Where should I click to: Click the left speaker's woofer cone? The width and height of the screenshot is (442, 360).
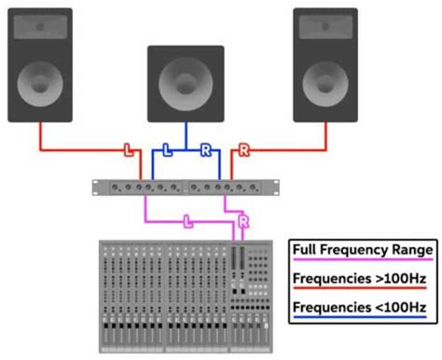[40, 81]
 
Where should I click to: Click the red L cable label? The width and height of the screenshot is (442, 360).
[129, 149]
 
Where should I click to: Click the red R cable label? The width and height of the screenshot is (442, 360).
[244, 149]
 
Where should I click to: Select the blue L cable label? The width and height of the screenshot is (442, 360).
[167, 149]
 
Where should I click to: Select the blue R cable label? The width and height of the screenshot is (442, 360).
[205, 149]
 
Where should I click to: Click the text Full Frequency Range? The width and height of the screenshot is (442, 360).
[362, 250]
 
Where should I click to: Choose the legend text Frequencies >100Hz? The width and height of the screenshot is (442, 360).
[362, 278]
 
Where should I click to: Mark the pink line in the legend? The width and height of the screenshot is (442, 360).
[362, 262]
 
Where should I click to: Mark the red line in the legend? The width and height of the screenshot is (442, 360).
[362, 290]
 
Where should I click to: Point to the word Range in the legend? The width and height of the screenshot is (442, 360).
[411, 250]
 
